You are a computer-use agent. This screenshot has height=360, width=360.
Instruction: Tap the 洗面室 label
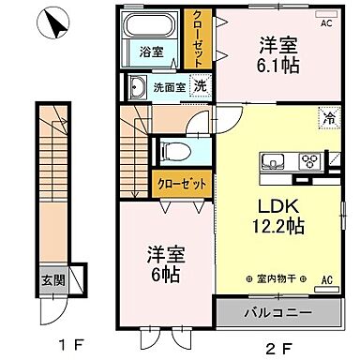tap(169, 87)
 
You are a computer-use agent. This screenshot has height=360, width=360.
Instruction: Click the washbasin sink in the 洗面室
tap(138, 88)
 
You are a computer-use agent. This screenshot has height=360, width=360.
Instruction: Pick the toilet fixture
tap(174, 151)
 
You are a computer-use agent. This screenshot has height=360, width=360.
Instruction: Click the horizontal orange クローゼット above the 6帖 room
tap(182, 184)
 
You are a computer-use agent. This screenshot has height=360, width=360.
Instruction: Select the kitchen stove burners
tap(308, 160)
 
